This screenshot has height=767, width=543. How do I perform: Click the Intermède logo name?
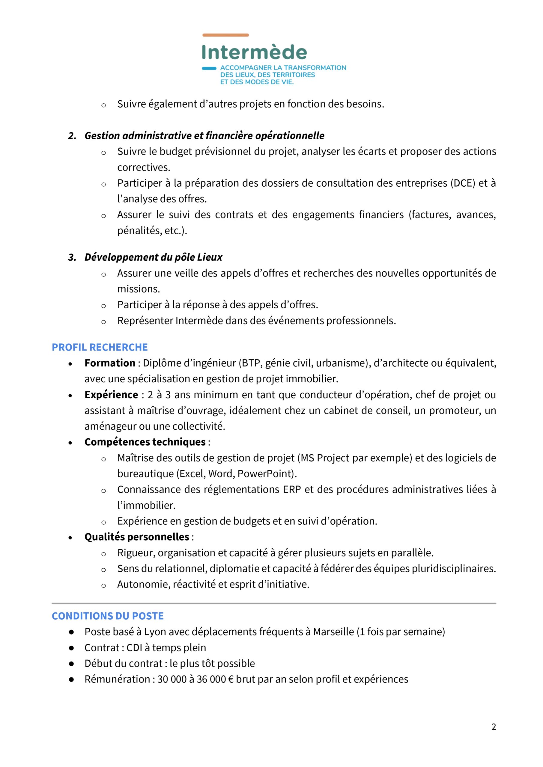[x=254, y=52]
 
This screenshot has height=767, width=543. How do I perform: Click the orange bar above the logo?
[x=225, y=35]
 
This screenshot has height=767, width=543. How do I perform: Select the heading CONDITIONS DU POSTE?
[x=108, y=616]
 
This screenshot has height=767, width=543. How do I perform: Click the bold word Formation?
[x=110, y=363]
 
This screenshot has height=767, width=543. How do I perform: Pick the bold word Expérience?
[x=111, y=395]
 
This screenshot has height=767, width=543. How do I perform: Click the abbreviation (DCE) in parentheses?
[x=462, y=183]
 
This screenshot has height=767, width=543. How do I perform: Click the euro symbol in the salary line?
[x=230, y=679]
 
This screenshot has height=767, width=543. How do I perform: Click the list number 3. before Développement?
[x=72, y=257]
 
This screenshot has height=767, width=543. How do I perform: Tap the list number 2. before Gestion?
[x=72, y=136]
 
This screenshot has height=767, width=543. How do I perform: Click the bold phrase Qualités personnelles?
[x=137, y=537]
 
